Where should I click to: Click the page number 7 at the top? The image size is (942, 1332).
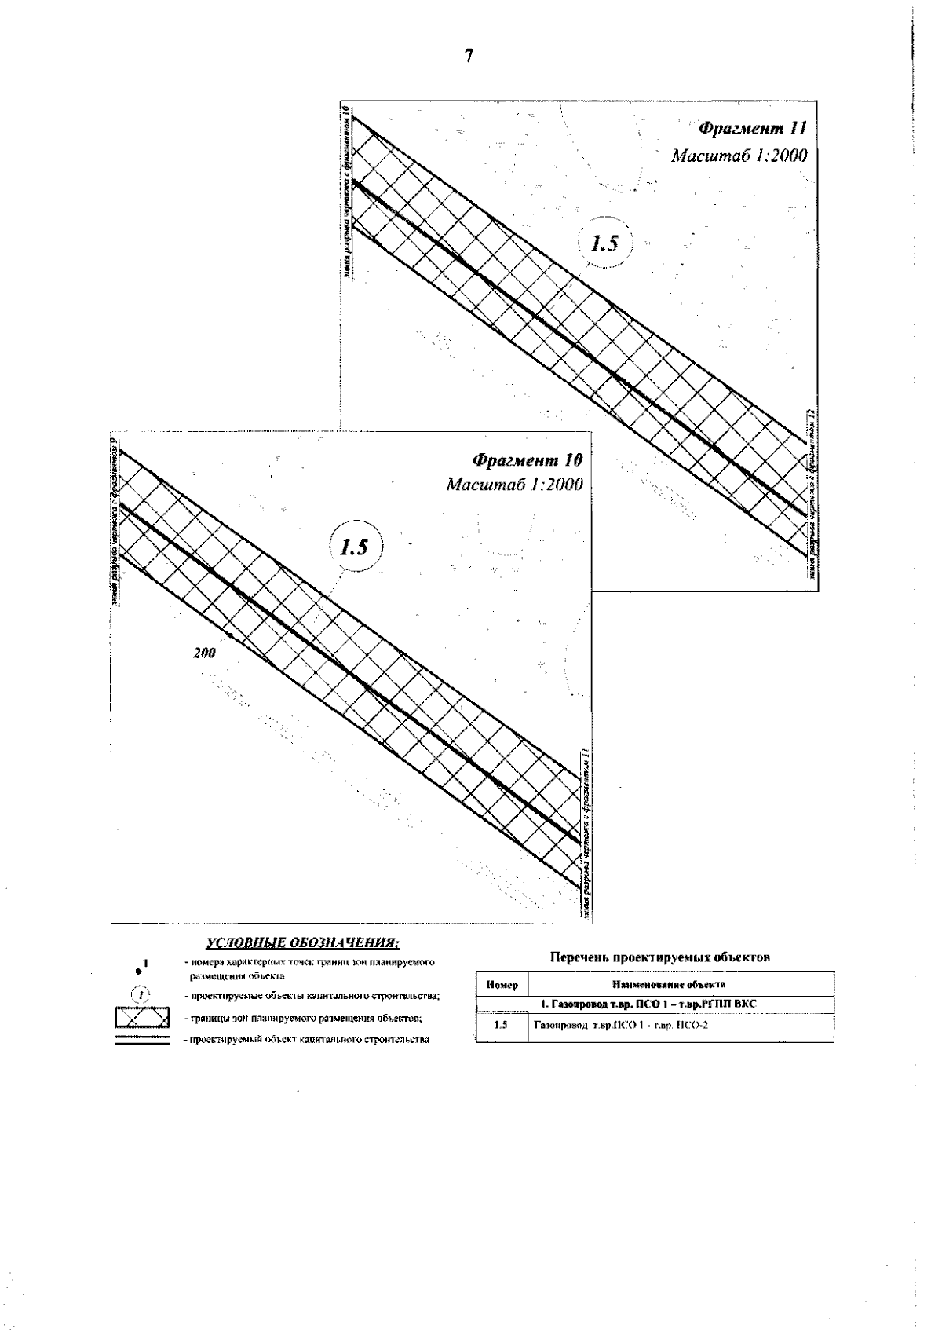tap(469, 56)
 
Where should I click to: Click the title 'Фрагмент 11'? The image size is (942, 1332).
tap(750, 128)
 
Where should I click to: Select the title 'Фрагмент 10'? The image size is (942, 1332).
tap(528, 459)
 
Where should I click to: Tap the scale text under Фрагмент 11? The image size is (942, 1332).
tap(738, 155)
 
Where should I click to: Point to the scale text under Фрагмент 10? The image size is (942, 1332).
tap(514, 484)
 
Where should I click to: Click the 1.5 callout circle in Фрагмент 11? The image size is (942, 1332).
tap(604, 243)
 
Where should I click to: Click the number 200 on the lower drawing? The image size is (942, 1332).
tap(204, 653)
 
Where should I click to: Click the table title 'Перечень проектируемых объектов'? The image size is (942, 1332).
tap(659, 957)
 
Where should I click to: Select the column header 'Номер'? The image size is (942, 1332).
tap(501, 985)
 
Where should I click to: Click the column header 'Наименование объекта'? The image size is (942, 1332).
tap(679, 985)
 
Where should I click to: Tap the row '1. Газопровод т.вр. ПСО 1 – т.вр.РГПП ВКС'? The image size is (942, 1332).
tap(648, 1004)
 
